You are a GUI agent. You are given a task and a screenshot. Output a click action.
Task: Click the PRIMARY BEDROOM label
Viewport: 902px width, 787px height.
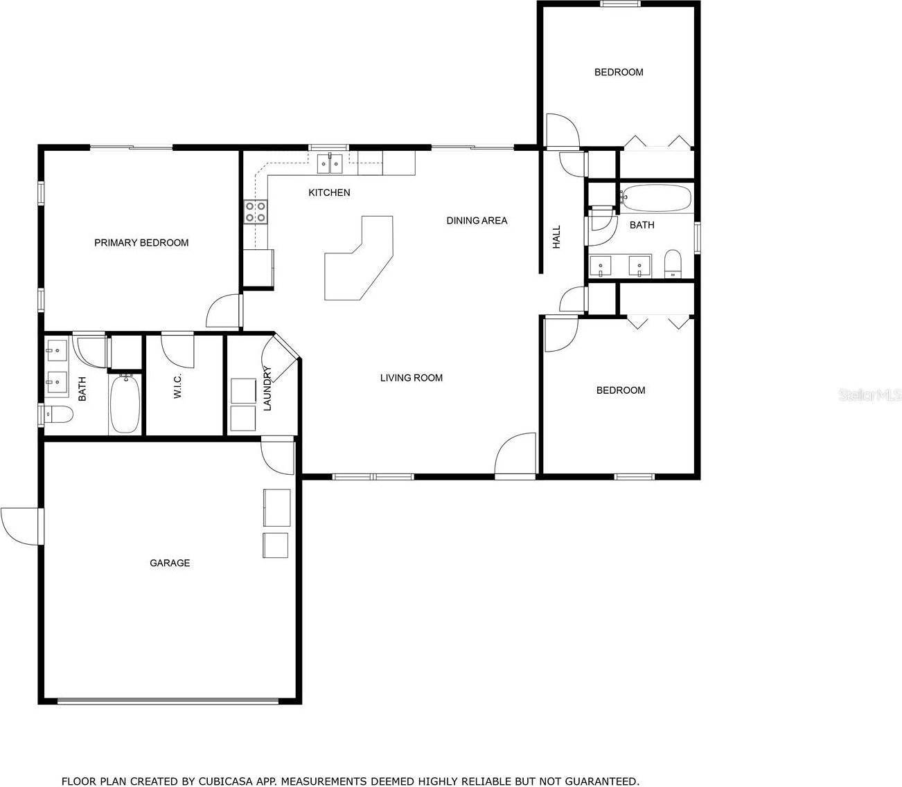141,242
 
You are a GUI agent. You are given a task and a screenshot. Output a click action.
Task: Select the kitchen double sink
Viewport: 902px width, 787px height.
330,164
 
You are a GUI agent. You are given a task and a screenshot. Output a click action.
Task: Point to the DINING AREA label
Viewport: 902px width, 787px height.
477,220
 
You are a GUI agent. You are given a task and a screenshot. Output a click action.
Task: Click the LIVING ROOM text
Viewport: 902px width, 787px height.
411,377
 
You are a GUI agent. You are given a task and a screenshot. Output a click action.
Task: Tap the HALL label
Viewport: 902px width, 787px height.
556,237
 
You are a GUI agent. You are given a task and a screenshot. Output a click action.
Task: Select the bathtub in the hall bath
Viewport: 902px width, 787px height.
655,198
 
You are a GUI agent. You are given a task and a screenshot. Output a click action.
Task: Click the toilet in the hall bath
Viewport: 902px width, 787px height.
673,264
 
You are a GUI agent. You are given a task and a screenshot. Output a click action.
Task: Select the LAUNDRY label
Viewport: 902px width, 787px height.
267,388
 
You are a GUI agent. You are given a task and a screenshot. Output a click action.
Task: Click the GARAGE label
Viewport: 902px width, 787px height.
170,563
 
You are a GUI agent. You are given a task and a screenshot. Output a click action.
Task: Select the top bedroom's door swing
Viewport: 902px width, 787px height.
561,132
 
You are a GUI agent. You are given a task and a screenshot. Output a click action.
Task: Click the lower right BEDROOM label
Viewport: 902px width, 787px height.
621,390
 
